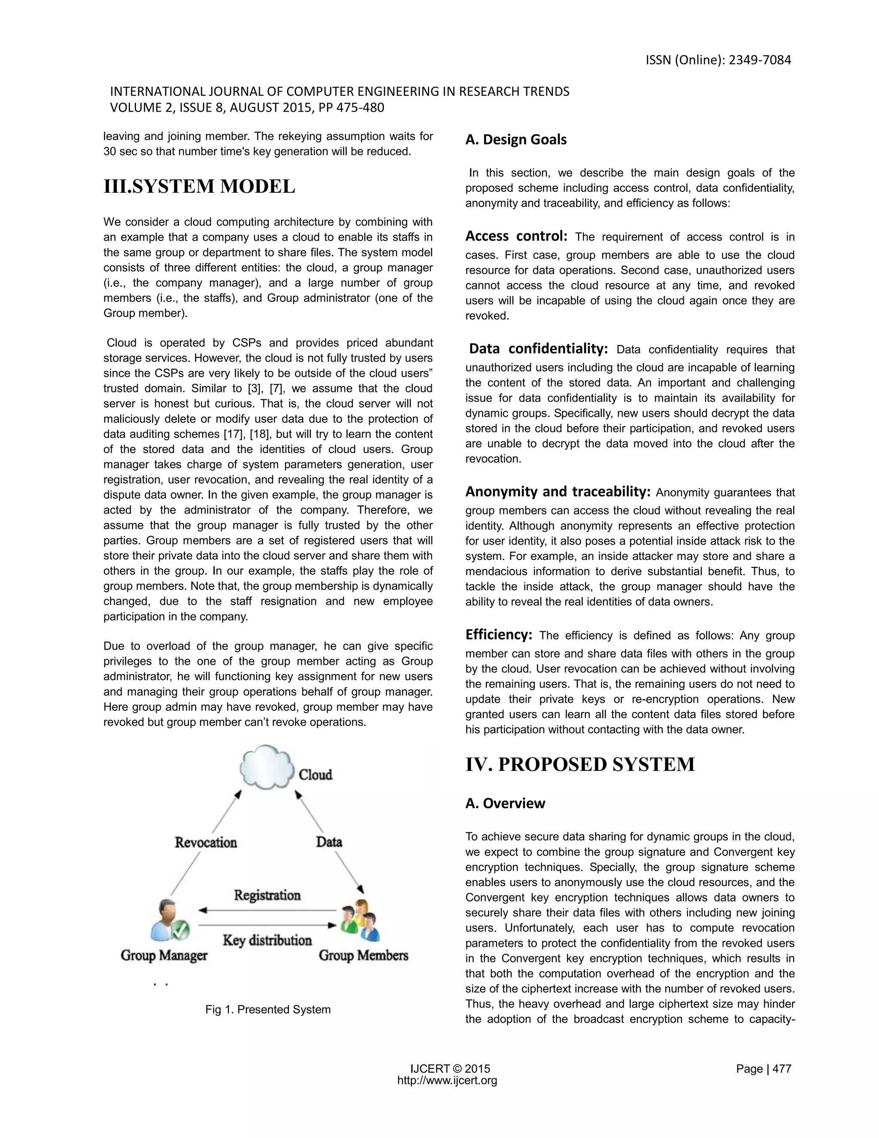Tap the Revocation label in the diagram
pyautogui.click(x=206, y=842)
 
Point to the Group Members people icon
pyautogui.click(x=360, y=920)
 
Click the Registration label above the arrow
pyautogui.click(x=267, y=895)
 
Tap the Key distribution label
pyautogui.click(x=267, y=940)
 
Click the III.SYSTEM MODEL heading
pyautogui.click(x=200, y=186)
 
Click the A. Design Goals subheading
pyautogui.click(x=515, y=140)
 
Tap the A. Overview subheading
pyautogui.click(x=505, y=803)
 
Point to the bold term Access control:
pyautogui.click(x=516, y=237)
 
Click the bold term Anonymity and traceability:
pyautogui.click(x=558, y=491)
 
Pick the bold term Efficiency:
pyautogui.click(x=498, y=635)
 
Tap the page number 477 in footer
pyautogui.click(x=781, y=1069)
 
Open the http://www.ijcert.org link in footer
pyautogui.click(x=447, y=1080)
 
